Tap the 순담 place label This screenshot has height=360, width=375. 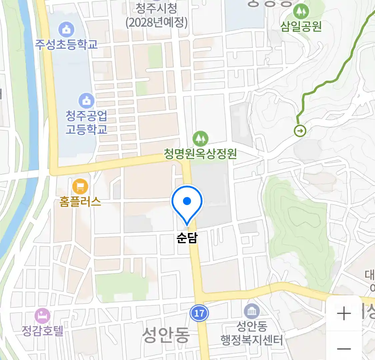pyautogui.click(x=187, y=238)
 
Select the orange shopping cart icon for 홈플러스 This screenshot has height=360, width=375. pyautogui.click(x=80, y=186)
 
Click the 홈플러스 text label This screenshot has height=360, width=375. pyautogui.click(x=80, y=201)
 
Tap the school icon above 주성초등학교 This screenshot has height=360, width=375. pyautogui.click(x=66, y=30)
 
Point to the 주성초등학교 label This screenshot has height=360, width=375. pyautogui.click(x=66, y=44)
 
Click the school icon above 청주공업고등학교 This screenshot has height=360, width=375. pyautogui.click(x=86, y=100)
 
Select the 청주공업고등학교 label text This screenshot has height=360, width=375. pyautogui.click(x=86, y=122)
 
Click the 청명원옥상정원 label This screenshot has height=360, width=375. pyautogui.click(x=200, y=154)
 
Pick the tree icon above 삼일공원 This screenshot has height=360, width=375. pyautogui.click(x=301, y=12)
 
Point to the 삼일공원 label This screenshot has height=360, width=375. pyautogui.click(x=301, y=26)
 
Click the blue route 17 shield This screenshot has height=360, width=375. pyautogui.click(x=199, y=313)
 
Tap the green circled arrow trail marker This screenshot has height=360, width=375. pyautogui.click(x=300, y=131)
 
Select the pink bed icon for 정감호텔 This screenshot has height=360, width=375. pyautogui.click(x=42, y=316)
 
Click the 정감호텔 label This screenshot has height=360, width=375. pyautogui.click(x=42, y=330)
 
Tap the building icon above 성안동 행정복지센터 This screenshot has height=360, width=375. pyautogui.click(x=252, y=312)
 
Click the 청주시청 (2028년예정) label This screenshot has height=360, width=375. pyautogui.click(x=157, y=16)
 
